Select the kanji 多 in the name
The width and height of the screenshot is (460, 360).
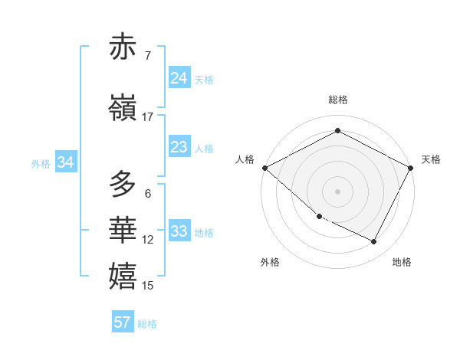click(123, 185)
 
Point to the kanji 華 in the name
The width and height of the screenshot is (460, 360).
click(123, 228)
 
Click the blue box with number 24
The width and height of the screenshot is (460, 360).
click(179, 78)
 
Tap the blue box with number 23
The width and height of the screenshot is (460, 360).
click(179, 147)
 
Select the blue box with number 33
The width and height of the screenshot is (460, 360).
click(179, 231)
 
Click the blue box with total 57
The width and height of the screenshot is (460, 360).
click(122, 322)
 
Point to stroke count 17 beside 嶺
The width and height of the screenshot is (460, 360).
click(148, 117)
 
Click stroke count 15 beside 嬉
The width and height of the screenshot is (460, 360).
click(148, 286)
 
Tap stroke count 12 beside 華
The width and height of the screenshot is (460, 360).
click(148, 240)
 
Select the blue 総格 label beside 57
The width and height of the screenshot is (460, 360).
click(148, 323)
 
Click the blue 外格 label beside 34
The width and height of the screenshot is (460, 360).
click(41, 163)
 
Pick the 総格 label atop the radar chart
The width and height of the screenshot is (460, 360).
click(337, 100)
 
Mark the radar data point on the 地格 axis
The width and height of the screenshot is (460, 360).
click(374, 242)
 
